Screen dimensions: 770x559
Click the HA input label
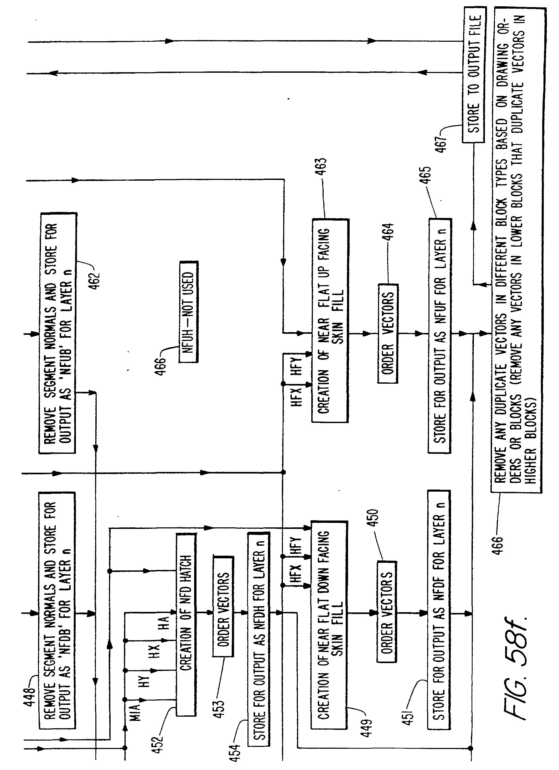pyautogui.click(x=164, y=623)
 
